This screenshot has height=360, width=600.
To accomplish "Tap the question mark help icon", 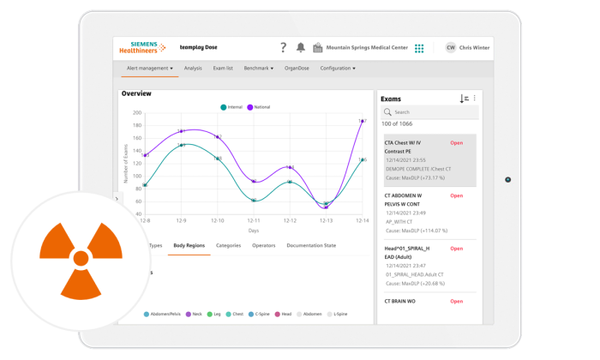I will [x=284, y=48].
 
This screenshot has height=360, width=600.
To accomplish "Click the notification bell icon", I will [x=301, y=48].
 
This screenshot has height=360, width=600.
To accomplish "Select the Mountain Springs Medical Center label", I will [x=367, y=48].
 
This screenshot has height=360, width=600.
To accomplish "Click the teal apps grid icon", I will [x=419, y=49].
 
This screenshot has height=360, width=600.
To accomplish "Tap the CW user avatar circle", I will [x=451, y=48].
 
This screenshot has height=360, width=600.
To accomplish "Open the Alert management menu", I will [x=149, y=69].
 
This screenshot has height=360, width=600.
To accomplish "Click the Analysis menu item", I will [x=193, y=69].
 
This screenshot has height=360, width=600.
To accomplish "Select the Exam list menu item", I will [x=223, y=69].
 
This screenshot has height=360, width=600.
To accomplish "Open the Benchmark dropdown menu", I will [x=258, y=69].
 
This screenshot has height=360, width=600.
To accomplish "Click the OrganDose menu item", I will [x=297, y=69].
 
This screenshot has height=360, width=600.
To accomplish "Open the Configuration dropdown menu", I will [x=338, y=69].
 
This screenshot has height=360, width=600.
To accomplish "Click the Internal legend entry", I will [x=231, y=107].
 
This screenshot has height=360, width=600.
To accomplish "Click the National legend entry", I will [x=259, y=107].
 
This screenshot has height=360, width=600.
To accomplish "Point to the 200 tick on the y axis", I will [x=137, y=112].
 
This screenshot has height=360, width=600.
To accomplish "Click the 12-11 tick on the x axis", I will [x=254, y=221].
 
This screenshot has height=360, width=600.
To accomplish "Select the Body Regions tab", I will [x=189, y=246].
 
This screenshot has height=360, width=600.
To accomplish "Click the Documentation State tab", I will [x=311, y=246].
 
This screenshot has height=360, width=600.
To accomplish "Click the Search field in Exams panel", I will [x=429, y=112].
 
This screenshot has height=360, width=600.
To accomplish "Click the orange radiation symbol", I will [x=81, y=256].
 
